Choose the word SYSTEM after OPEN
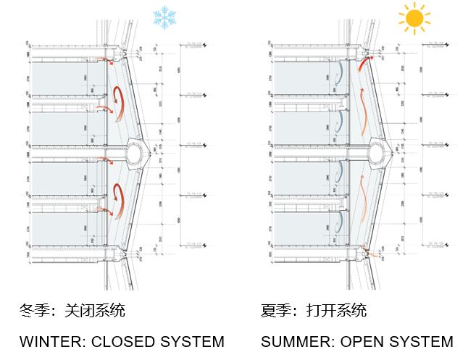coord(423,341)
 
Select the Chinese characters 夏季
coord(275,311)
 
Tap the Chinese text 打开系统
coord(336,311)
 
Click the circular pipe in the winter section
coord(136,151)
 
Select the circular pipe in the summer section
coord(377,151)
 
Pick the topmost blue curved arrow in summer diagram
coord(339,71)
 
